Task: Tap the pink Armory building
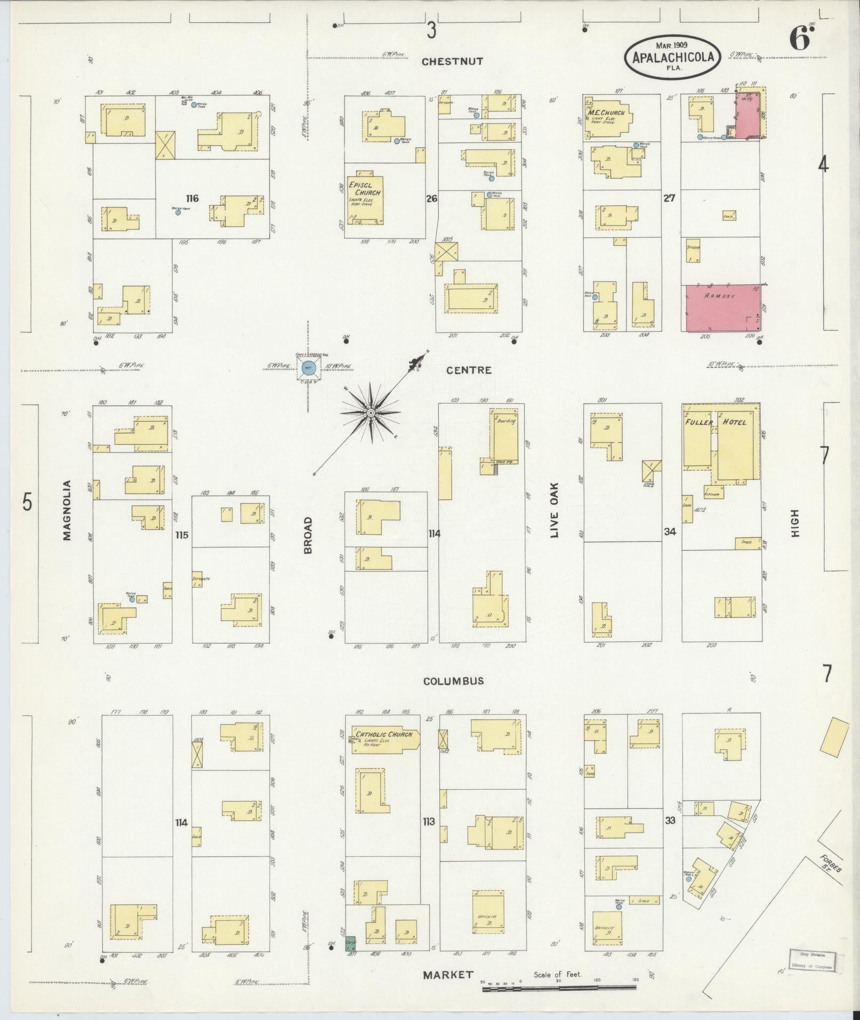[x=722, y=308]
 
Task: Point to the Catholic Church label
[x=384, y=734]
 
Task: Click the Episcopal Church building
[x=366, y=198]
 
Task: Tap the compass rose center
[x=370, y=413]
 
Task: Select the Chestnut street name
[x=452, y=62]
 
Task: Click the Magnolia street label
[x=67, y=510]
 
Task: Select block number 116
[x=192, y=198]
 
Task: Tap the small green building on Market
[x=350, y=943]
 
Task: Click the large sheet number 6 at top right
[x=800, y=41]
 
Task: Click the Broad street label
[x=308, y=534]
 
